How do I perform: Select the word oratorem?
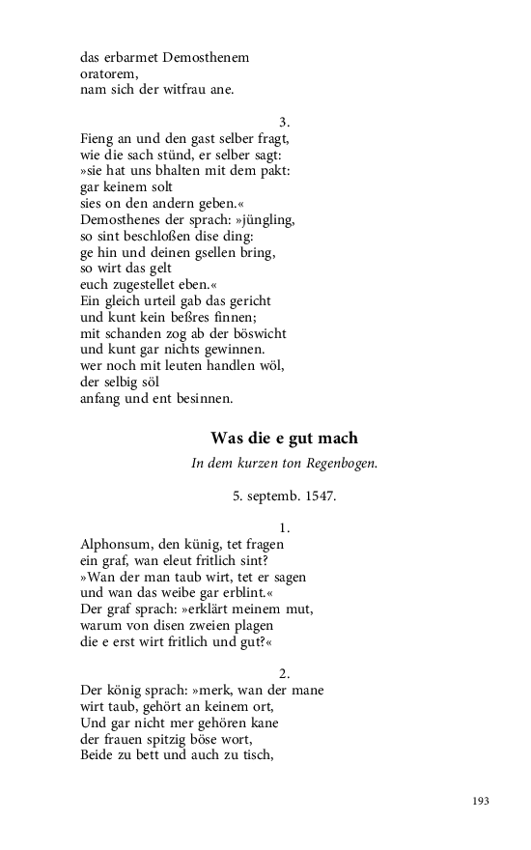(110, 73)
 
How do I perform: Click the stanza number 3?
(284, 122)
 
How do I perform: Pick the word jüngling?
(265, 220)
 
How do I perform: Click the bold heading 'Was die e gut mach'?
(284, 438)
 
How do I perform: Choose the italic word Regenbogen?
(343, 464)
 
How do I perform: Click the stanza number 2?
(284, 674)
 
